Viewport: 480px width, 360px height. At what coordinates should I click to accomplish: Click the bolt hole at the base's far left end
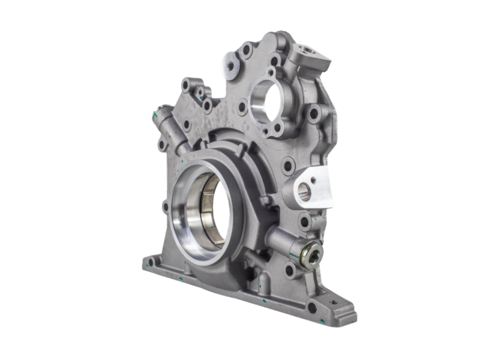[151, 262]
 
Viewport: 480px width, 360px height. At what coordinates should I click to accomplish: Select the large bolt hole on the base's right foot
[312, 307]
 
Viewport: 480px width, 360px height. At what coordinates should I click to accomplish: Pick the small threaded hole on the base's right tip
[334, 302]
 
